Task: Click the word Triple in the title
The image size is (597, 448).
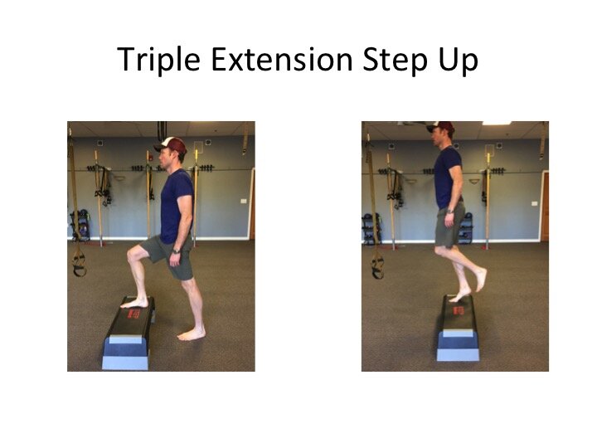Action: (158, 60)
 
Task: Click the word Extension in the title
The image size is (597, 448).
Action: (282, 59)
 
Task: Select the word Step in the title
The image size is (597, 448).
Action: (396, 61)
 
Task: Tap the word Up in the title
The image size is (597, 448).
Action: (459, 61)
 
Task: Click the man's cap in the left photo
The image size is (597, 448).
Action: (172, 145)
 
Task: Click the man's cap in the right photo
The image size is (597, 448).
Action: (442, 127)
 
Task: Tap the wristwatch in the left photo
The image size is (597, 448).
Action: (176, 251)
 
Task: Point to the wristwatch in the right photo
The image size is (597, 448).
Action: (450, 212)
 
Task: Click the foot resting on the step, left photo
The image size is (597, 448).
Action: (134, 304)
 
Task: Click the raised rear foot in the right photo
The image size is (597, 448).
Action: (480, 280)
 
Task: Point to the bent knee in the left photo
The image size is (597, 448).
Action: (133, 254)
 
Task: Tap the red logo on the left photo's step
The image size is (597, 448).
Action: (134, 314)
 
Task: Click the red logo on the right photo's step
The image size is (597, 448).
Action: (458, 310)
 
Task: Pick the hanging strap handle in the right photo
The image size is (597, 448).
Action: (377, 265)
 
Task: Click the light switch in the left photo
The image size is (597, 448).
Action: (243, 201)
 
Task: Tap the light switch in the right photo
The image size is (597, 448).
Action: (534, 203)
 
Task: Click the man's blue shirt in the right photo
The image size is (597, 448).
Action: (448, 178)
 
